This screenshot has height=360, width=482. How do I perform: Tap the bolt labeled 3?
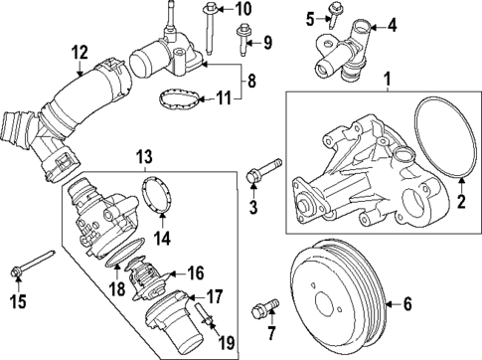256,179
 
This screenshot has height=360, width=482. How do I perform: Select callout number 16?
196,270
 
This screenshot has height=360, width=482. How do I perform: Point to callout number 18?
117,288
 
